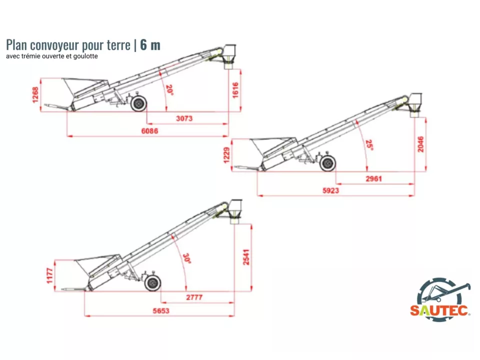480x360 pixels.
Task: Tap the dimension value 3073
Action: (184, 119)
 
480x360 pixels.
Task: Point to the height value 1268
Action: (35, 95)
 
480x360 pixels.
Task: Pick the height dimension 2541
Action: (246, 256)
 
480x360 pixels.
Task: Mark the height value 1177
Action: (50, 275)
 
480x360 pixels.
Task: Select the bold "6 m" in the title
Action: (150, 45)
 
